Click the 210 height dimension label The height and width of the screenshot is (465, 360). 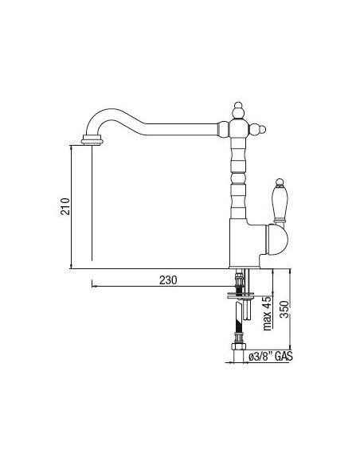pyautogui.click(x=65, y=206)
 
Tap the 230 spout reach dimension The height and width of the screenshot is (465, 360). pyautogui.click(x=168, y=280)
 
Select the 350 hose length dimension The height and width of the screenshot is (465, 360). pyautogui.click(x=284, y=309)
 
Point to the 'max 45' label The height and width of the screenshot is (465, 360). pyautogui.click(x=268, y=313)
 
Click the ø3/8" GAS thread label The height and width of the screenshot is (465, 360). pyautogui.click(x=271, y=357)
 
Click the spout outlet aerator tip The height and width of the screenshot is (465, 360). pyautogui.click(x=92, y=140)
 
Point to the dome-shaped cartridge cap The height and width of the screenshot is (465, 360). pyautogui.click(x=277, y=240)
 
